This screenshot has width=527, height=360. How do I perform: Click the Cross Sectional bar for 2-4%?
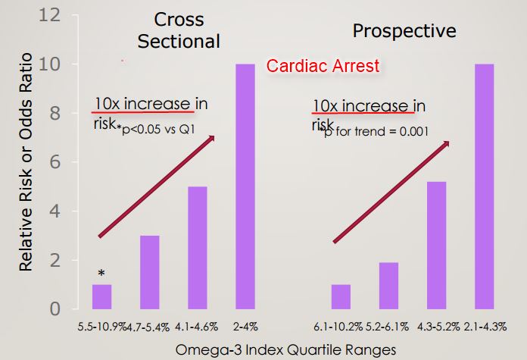[x=245, y=186]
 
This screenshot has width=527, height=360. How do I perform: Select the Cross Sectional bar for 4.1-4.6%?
[x=197, y=248]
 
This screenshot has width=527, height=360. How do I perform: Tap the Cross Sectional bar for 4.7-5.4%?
[x=149, y=272]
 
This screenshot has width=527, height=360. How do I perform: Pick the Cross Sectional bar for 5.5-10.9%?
[x=101, y=296]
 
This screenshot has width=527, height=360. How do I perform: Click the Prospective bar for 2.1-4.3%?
[x=485, y=186]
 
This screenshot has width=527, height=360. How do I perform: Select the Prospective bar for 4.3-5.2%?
[x=437, y=245]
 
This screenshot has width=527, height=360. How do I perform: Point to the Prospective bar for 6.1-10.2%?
[x=341, y=296]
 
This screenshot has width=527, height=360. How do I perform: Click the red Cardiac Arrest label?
[x=323, y=67]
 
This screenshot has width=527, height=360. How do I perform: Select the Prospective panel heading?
[x=404, y=31]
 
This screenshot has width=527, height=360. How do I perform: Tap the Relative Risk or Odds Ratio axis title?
[x=27, y=162]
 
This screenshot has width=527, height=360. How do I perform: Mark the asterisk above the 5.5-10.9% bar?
[x=101, y=273]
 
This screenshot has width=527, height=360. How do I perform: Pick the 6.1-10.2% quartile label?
[x=338, y=327]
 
